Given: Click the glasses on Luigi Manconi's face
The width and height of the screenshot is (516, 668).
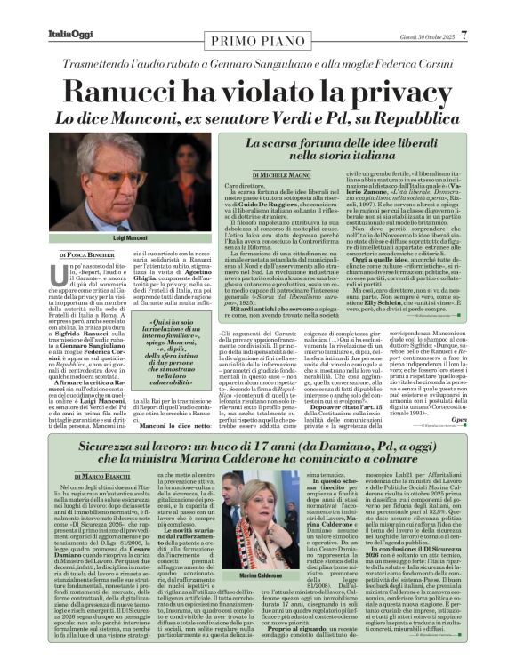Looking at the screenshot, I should [101, 176].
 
